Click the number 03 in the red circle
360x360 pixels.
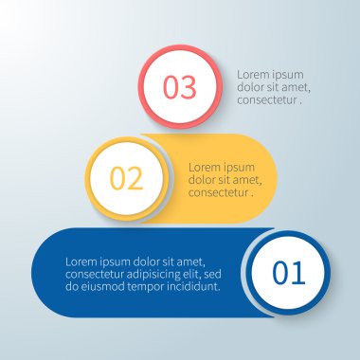pyautogui.click(x=180, y=87)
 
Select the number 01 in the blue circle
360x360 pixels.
pyautogui.click(x=289, y=273)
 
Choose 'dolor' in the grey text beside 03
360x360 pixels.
pyautogui.click(x=252, y=87)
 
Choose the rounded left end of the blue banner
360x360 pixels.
pyautogui.click(x=43, y=273)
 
